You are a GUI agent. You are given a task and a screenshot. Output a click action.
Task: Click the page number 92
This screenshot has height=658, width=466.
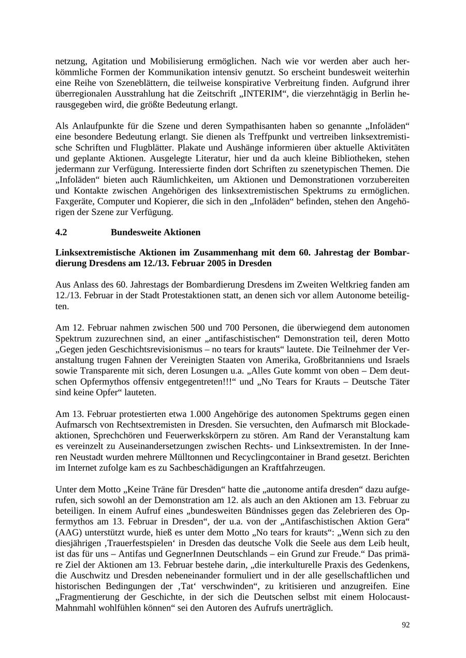tap(405, 625)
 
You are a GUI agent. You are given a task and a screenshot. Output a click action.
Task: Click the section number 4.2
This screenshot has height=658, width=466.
tap(61, 232)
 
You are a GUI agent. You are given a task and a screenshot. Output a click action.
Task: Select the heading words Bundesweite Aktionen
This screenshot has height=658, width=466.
tap(155, 232)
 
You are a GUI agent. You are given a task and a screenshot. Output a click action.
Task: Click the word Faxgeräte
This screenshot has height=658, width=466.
tap(72, 201)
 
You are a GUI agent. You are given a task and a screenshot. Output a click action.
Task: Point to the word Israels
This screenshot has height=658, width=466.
tap(396, 360)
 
